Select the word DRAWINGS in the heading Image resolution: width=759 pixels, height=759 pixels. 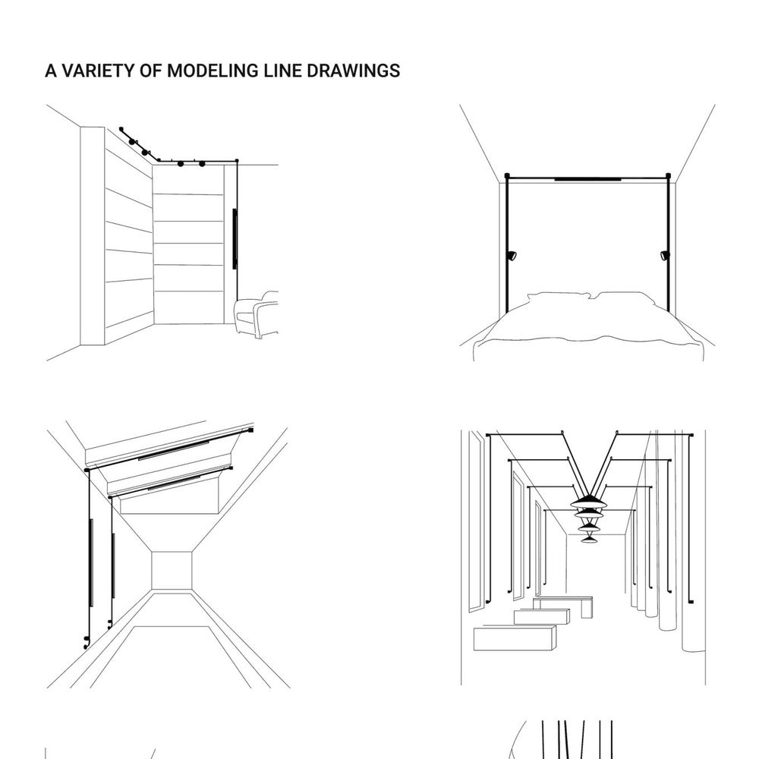pos(354,71)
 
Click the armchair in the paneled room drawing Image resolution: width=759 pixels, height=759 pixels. pos(256,315)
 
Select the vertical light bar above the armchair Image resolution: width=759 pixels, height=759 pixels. pos(235,238)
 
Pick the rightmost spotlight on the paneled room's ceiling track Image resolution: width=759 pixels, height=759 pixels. pos(202,164)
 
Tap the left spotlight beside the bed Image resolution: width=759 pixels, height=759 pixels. pos(512,254)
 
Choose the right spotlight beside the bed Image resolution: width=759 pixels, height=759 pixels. pos(665,254)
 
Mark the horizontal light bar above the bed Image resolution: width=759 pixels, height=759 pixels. pos(587,179)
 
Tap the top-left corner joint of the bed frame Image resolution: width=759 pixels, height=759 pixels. pos(507,176)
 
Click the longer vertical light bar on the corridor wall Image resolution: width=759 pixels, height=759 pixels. pos(91,562)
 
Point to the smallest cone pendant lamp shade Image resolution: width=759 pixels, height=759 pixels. pos(589,539)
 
